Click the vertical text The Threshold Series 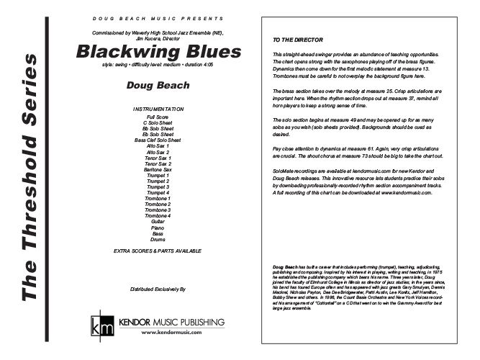pos(30,180)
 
